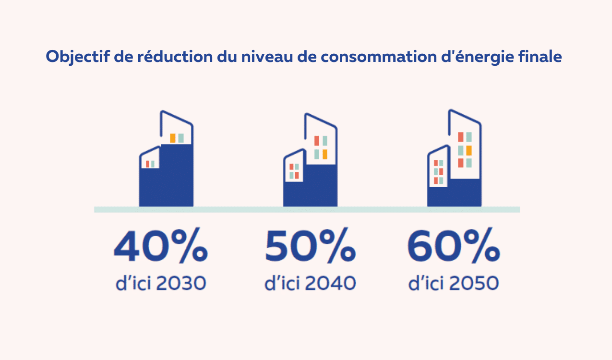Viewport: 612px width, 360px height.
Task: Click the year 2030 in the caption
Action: pyautogui.click(x=181, y=283)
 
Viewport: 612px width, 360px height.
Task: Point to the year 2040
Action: pyautogui.click(x=331, y=283)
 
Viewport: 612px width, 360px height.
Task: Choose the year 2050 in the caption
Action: pyautogui.click(x=474, y=283)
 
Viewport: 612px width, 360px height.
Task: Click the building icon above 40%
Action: pyautogui.click(x=167, y=163)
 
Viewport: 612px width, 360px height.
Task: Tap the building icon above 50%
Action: pyautogui.click(x=310, y=163)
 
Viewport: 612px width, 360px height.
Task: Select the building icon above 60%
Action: pyautogui.click(x=454, y=161)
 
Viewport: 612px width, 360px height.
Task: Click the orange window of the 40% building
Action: pyautogui.click(x=173, y=138)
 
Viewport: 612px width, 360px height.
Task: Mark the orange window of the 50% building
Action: pyautogui.click(x=325, y=154)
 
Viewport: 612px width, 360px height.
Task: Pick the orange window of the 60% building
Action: pyautogui.click(x=469, y=150)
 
